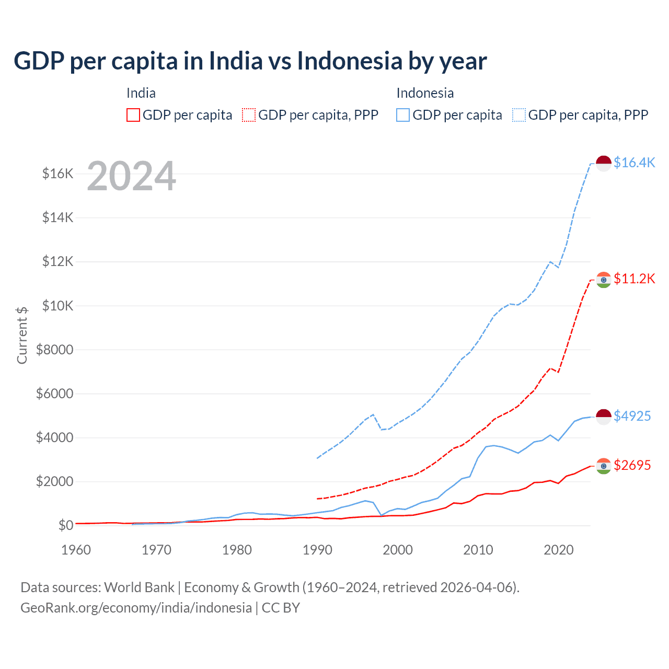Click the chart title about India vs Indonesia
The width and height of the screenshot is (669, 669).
point(250,61)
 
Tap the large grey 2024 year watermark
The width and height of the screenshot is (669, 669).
point(131,176)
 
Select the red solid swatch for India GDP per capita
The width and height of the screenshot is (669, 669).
point(133,115)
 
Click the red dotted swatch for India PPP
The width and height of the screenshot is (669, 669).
point(249,115)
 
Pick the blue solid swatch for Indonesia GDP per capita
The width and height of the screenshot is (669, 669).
point(403,115)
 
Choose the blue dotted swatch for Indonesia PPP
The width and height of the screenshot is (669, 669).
point(519,115)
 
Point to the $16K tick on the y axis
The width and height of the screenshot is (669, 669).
point(57,174)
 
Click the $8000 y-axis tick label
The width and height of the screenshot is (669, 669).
point(54,350)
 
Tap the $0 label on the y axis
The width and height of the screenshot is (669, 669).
point(65,525)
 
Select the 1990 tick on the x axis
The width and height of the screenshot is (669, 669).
point(317,550)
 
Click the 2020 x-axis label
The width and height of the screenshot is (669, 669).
point(559,550)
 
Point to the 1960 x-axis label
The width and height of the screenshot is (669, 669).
point(76,550)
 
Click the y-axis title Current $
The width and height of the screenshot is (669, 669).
point(22,335)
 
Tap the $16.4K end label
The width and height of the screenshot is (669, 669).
point(634,163)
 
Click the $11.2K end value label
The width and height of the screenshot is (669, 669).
point(634,279)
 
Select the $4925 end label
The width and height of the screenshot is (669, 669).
point(632,416)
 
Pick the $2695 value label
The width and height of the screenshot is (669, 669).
point(632,465)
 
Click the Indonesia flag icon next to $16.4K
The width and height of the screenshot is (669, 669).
point(604,163)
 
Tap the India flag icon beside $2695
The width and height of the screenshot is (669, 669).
point(604,466)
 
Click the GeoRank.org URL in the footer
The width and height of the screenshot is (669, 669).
point(136,608)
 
